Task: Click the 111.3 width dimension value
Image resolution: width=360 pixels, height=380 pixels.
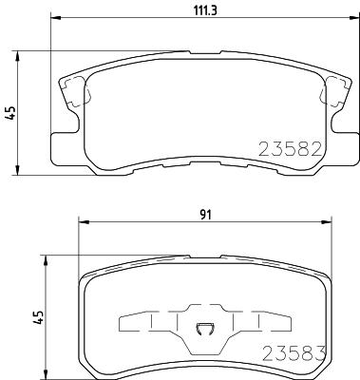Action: point(205,10)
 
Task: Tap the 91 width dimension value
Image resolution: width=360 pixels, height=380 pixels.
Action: point(205,215)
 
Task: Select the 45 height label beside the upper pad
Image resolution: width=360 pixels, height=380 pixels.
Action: point(10,113)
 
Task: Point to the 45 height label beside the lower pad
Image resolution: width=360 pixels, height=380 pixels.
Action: point(39,317)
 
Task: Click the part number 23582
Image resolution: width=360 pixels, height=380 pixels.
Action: point(291,149)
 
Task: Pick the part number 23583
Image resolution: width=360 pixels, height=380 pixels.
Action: point(294,353)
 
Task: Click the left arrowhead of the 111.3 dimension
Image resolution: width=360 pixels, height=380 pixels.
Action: point(56,18)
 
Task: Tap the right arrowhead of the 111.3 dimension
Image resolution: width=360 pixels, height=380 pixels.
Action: point(353,18)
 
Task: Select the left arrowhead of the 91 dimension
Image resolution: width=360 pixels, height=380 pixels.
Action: point(84,222)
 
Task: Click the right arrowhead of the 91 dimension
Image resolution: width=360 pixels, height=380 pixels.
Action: point(327,222)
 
